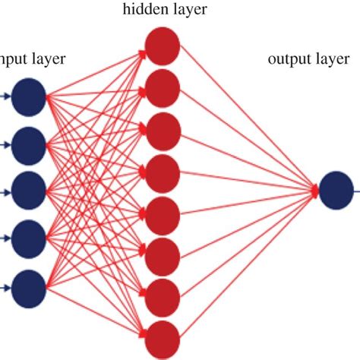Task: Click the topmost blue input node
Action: [x=30, y=96]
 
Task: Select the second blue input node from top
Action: [x=30, y=143]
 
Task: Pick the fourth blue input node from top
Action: [x=30, y=237]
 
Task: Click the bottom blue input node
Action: [x=30, y=286]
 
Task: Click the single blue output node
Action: [x=336, y=191]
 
